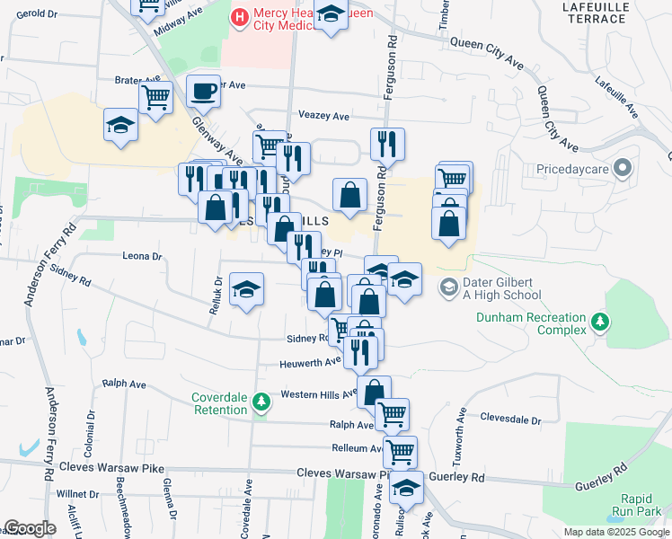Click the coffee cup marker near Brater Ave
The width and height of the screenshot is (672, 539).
point(203,91)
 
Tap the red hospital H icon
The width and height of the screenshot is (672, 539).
point(240,17)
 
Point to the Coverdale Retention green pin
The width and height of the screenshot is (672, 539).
point(261,402)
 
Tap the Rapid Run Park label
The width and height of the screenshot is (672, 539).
point(641,505)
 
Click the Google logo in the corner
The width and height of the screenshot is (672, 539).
point(30,528)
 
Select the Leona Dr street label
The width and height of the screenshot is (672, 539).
point(141,256)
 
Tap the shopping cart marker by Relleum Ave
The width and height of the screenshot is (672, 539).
point(399,450)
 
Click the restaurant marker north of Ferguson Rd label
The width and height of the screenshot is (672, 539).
point(387,143)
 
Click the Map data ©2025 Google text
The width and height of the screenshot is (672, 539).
point(615,532)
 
